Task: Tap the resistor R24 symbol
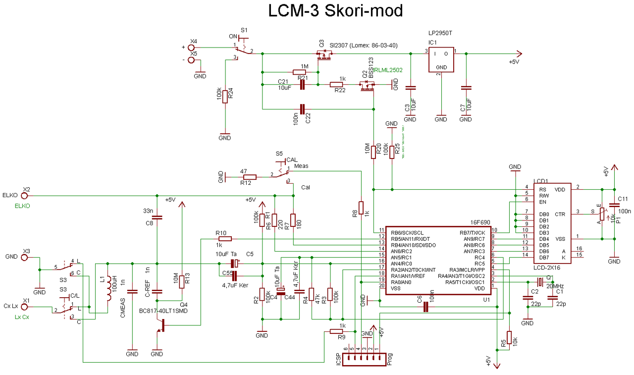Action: pyautogui.click(x=225, y=96)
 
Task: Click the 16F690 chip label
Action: pyautogui.click(x=480, y=222)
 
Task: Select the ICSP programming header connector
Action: pyautogui.click(x=364, y=359)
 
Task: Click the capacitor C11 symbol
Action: pyautogui.click(x=614, y=204)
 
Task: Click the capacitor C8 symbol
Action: pyautogui.click(x=157, y=217)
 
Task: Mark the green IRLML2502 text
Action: pyautogui.click(x=389, y=70)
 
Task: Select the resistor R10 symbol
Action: pyautogui.click(x=224, y=239)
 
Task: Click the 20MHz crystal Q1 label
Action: pyautogui.click(x=555, y=286)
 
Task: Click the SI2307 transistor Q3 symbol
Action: pyautogui.click(x=323, y=56)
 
